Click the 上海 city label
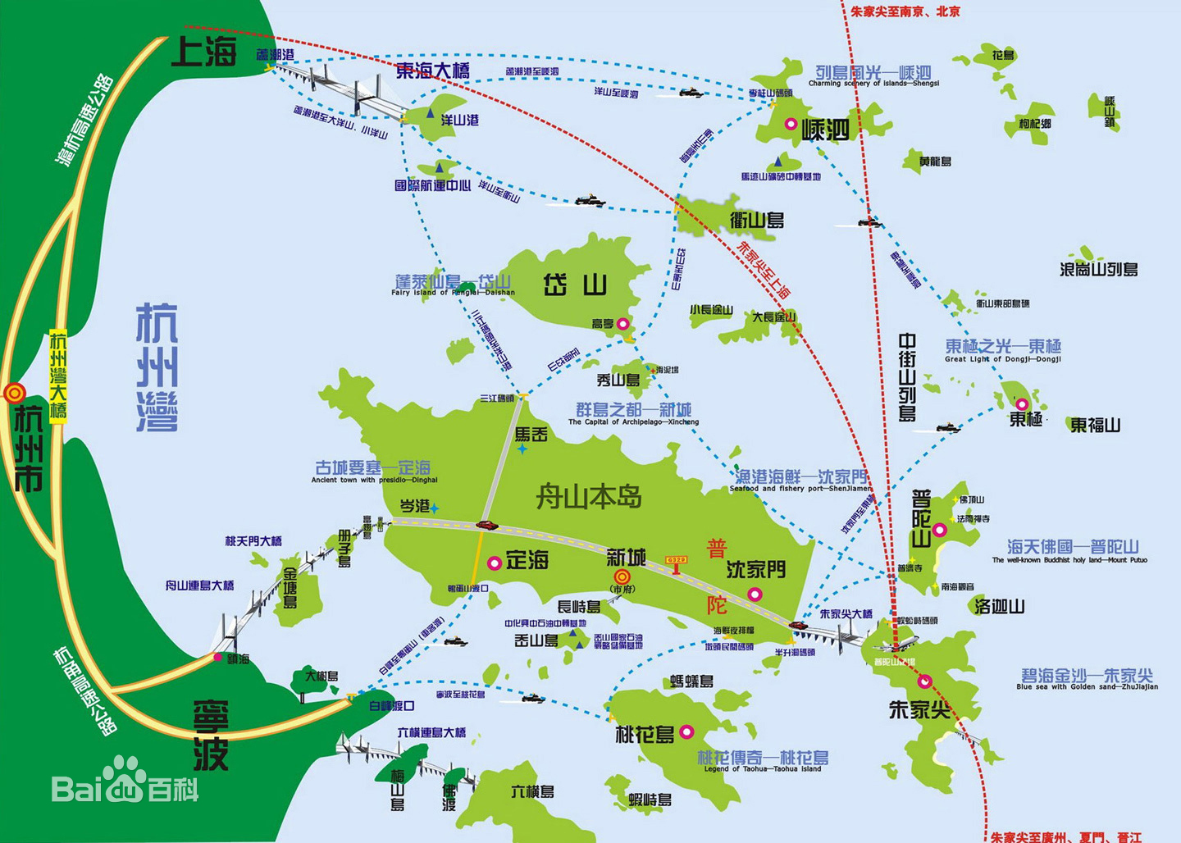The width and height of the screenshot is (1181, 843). click(203, 52)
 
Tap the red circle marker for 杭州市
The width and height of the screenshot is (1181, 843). click(14, 394)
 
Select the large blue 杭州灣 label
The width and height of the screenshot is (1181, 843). click(157, 367)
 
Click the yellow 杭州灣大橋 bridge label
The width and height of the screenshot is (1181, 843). click(58, 375)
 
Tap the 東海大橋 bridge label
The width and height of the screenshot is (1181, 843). click(432, 71)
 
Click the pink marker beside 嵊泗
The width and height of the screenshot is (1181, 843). click(791, 125)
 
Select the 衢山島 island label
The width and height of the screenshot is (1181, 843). click(757, 220)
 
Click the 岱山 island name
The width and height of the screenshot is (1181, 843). click(575, 285)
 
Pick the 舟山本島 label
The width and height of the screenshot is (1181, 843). click(588, 496)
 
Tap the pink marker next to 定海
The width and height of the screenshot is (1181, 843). click(495, 563)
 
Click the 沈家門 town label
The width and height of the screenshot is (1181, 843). click(755, 569)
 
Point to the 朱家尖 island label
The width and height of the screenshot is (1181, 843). click(919, 709)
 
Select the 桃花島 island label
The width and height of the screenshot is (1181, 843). click(645, 734)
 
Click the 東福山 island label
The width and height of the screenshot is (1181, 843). click(1095, 425)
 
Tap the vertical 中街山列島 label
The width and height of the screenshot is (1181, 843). click(907, 376)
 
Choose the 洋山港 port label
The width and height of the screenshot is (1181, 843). click(459, 120)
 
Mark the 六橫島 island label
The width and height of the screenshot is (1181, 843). click(532, 791)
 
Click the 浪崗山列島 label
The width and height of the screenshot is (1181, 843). click(1098, 269)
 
